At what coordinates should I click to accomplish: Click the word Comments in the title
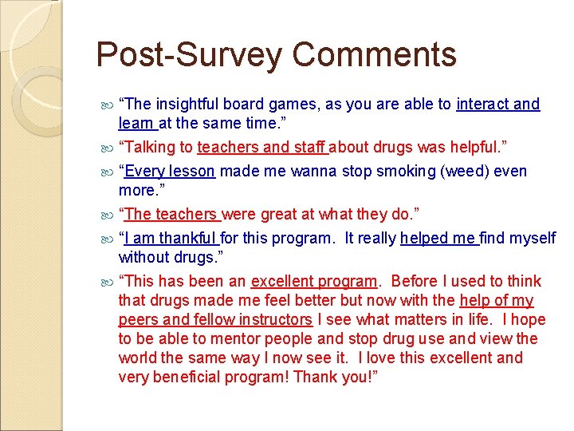374,56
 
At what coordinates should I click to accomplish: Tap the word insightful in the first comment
189,105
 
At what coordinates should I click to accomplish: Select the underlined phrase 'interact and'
497,105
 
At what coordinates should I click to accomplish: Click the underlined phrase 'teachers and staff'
262,147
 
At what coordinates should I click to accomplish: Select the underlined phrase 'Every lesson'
170,171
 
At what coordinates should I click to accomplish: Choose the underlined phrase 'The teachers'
171,214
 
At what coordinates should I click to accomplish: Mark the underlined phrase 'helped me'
438,238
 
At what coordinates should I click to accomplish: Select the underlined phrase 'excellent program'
313,281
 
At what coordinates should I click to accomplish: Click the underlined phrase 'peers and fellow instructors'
215,319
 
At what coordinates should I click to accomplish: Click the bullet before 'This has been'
109,282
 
